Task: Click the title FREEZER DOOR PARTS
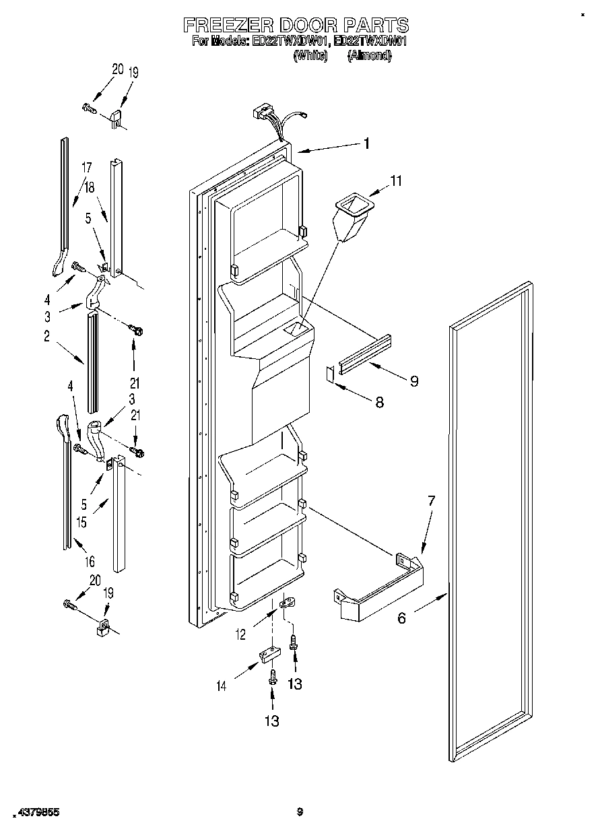coord(296,26)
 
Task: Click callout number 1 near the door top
coord(366,143)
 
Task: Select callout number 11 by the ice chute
coord(396,180)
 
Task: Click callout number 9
coord(413,381)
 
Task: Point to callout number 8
coord(379,402)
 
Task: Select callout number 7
coord(431,500)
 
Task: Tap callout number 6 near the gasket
coord(401,618)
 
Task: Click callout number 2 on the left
coord(46,337)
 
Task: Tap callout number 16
coord(90,560)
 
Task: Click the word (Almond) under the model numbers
coord(369,57)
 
